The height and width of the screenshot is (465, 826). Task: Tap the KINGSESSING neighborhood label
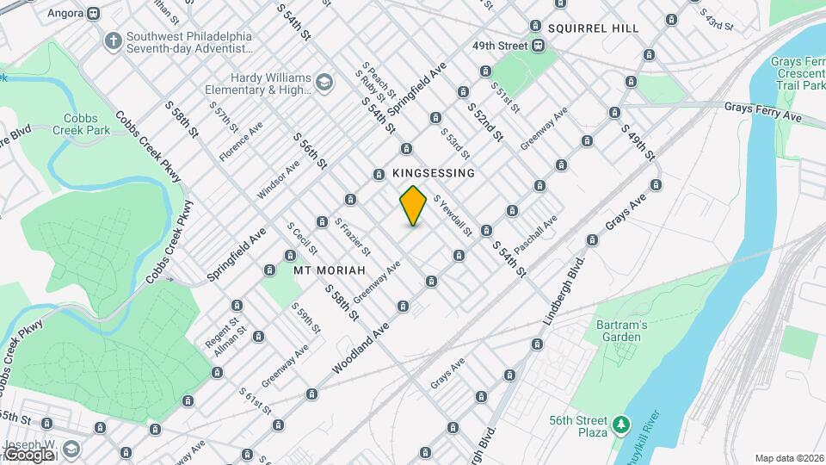[x=434, y=173]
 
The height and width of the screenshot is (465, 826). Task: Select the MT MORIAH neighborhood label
[x=324, y=270]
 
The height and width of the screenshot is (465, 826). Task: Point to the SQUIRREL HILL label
[x=594, y=28]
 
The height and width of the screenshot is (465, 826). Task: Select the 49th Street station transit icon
[x=537, y=46]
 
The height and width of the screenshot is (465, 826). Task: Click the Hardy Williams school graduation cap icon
[x=324, y=83]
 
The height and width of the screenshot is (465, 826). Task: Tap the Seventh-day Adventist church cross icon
[x=113, y=40]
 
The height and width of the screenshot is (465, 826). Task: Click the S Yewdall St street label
[x=453, y=215]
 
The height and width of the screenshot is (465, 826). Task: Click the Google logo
[x=29, y=454]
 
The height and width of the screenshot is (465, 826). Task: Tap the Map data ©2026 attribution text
[x=788, y=458]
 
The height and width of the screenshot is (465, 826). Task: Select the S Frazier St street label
[x=352, y=238]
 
